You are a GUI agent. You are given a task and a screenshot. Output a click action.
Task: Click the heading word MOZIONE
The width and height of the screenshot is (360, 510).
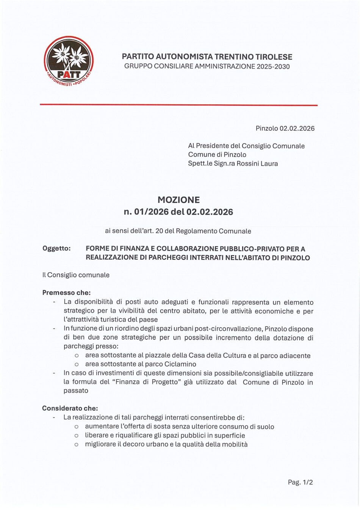tap(178, 200)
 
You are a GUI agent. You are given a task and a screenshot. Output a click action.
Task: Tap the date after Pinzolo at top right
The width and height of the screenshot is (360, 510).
tap(297, 128)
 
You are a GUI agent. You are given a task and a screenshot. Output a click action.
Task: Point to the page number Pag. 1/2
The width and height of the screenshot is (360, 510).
tap(300, 482)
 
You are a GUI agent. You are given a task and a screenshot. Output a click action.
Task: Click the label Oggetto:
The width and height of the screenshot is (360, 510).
tap(56, 249)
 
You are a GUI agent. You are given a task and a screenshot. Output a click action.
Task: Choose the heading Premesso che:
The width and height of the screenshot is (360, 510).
tap(66, 293)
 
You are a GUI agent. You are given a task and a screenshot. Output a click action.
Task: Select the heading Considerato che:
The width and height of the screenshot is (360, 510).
tap(70, 408)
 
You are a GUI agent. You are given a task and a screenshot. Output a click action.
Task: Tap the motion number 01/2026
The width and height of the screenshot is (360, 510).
tap(151, 212)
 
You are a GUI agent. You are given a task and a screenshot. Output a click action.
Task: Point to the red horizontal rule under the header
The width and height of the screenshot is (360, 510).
tap(178, 105)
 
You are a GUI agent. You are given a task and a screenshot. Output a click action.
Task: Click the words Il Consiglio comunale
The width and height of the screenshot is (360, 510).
tap(76, 275)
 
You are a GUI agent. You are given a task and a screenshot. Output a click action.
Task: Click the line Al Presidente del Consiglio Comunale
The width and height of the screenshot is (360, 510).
tap(246, 146)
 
